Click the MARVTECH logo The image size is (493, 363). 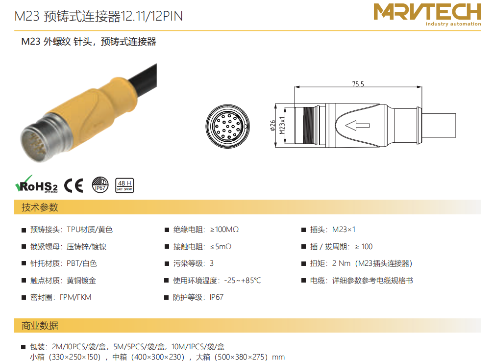point(427,15)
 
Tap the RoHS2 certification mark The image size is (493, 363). point(36,184)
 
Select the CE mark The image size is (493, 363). point(74,185)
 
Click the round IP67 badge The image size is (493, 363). point(100,185)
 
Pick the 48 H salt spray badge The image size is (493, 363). point(124,185)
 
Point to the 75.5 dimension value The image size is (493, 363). point(358,84)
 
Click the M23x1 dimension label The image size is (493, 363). point(282,126)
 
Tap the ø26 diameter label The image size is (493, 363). point(272,125)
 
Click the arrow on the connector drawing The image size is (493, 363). point(357,125)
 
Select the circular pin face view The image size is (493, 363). point(228,126)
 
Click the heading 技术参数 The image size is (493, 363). point(40,207)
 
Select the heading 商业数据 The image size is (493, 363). point(40,326)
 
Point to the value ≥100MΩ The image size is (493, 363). point(224,230)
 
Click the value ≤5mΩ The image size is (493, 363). point(221,247)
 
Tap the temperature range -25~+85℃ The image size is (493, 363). point(243,280)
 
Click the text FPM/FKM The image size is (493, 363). point(75,297)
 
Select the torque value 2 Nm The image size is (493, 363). point(341,263)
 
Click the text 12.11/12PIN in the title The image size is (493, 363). point(151,16)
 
